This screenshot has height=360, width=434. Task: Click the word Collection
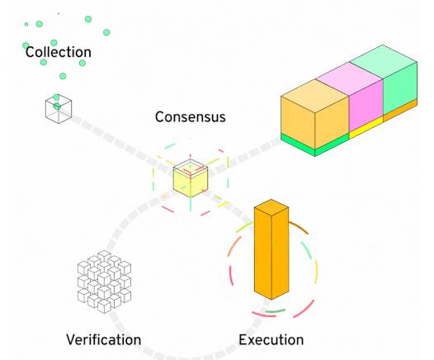pos(58,52)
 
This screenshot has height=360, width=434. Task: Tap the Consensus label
pos(191,117)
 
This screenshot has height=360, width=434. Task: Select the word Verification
pos(104,339)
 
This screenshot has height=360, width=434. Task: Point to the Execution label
pos(271,339)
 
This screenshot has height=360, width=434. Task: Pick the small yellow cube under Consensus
pos(191,180)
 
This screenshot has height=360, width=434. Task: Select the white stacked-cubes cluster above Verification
pos(104,282)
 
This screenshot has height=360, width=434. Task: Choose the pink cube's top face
pos(349,79)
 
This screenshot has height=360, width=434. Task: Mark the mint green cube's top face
pos(383,62)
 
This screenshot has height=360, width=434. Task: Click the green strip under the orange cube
pos(314,144)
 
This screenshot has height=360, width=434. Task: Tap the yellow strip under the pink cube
pos(366,128)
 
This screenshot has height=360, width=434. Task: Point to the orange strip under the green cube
pos(400,110)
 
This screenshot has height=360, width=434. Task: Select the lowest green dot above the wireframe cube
pos(56,97)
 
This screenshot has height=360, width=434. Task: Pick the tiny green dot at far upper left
pos(26,25)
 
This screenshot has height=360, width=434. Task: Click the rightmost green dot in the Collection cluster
pos(106,32)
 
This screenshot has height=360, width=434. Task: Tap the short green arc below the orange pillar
pos(275,311)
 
